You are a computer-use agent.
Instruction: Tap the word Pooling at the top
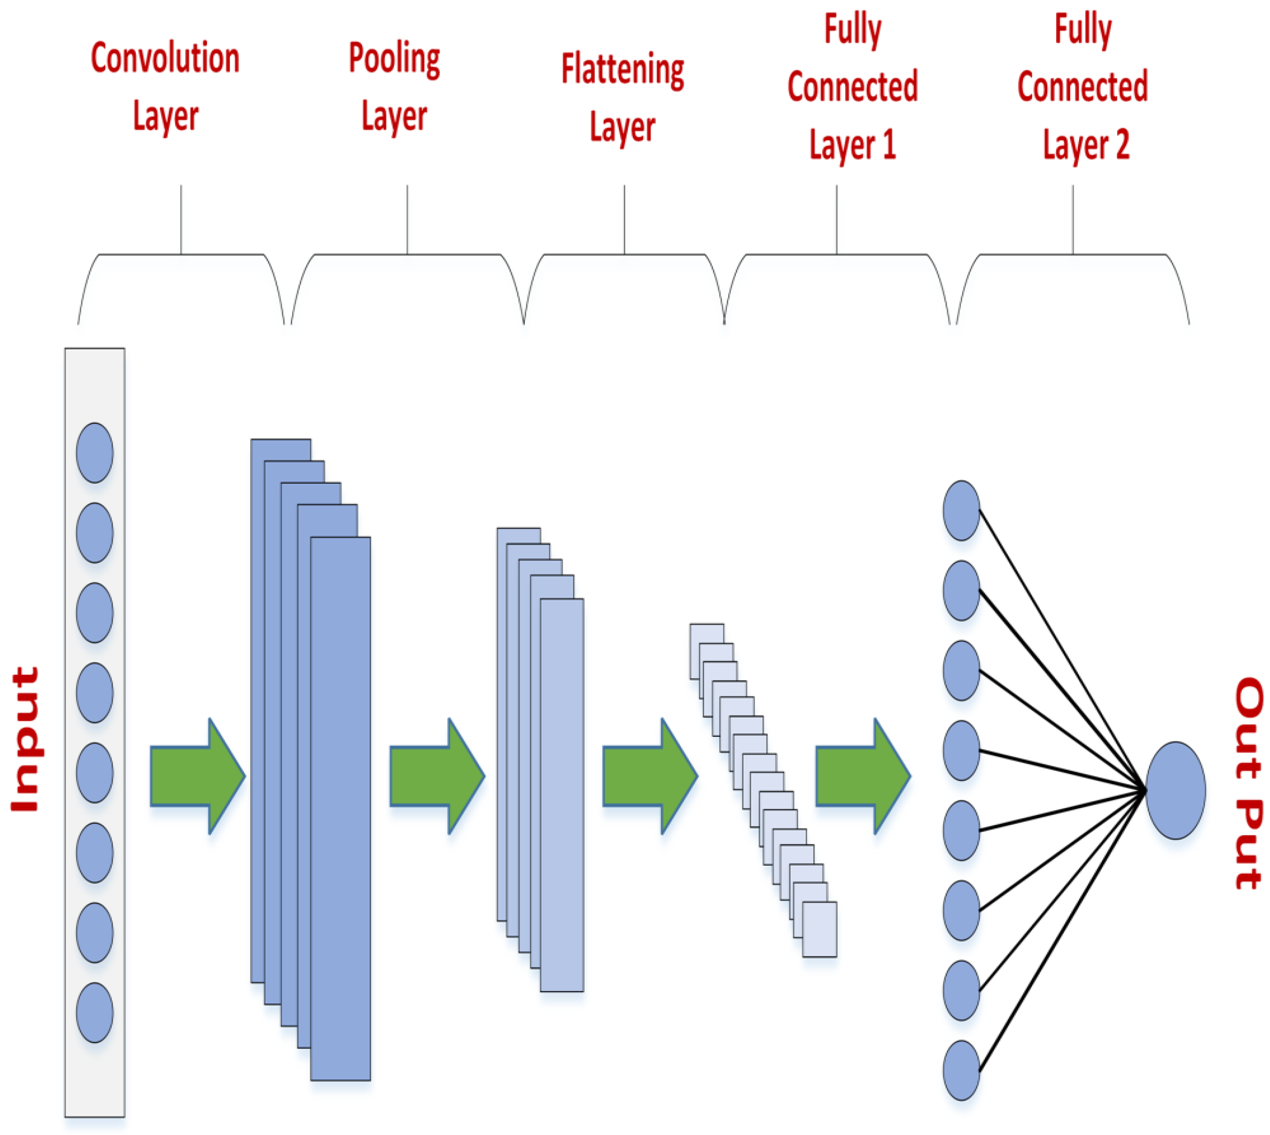click(x=394, y=59)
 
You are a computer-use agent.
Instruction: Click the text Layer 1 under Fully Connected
click(x=852, y=145)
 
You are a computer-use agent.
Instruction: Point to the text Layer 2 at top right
click(x=1086, y=145)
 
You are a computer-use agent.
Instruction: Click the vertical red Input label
click(x=26, y=739)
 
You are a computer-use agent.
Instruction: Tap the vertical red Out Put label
click(x=1249, y=783)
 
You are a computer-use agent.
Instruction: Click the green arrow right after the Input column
click(x=197, y=776)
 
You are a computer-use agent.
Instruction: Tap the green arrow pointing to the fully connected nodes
click(x=862, y=776)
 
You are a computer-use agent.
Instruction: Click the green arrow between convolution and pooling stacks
click(x=436, y=776)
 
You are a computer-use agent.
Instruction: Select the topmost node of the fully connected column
click(x=961, y=510)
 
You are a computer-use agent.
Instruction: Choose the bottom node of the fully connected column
click(x=961, y=1070)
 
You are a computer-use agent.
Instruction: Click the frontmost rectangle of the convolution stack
click(x=340, y=811)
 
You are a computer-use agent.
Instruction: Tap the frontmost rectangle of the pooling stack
click(x=562, y=795)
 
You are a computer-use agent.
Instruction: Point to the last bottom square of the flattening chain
click(x=819, y=929)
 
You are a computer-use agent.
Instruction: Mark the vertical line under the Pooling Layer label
click(x=407, y=219)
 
